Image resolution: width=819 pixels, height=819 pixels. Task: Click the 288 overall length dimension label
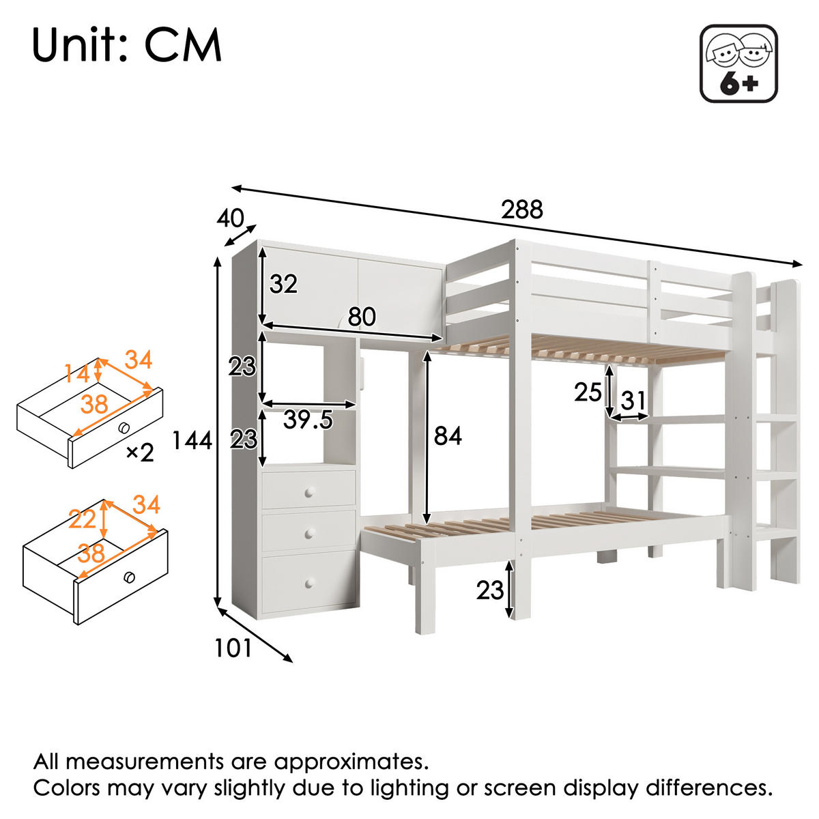(x=522, y=210)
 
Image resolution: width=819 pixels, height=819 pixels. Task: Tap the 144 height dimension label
(x=192, y=441)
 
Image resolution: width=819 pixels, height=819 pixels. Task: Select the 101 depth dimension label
(x=233, y=648)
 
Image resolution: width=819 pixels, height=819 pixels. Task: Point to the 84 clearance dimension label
(x=448, y=435)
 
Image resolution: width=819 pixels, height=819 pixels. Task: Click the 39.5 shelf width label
(x=308, y=420)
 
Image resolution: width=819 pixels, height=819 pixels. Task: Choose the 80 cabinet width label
(x=362, y=317)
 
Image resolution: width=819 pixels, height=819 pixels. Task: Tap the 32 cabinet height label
(x=283, y=284)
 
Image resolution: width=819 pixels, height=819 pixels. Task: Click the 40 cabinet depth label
(x=230, y=218)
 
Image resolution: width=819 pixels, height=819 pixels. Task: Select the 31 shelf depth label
(x=633, y=401)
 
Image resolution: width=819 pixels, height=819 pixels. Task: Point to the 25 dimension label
(x=588, y=392)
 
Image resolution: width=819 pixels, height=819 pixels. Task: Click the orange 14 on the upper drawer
(x=77, y=374)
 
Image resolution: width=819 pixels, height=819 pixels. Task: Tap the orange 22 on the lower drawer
(x=83, y=520)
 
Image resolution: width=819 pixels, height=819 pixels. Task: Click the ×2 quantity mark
(x=140, y=452)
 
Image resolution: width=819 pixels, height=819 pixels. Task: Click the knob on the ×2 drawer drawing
(x=124, y=428)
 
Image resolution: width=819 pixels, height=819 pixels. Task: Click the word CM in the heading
(x=183, y=46)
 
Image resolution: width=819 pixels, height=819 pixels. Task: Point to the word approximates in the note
(x=351, y=761)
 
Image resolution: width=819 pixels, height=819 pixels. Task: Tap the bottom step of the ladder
(x=777, y=532)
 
